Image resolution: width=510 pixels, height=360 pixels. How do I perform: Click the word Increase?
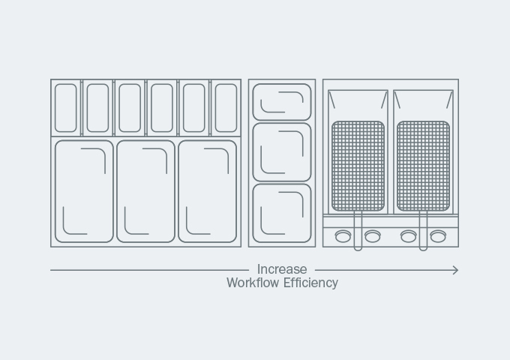pos(282,269)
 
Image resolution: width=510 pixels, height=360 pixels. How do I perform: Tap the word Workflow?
pos(253,283)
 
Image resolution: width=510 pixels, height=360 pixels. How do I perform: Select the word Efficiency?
pos(310,283)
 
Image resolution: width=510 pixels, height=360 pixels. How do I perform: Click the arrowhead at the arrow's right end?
pos(456,270)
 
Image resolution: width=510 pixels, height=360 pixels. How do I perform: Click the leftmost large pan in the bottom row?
pos(55,191)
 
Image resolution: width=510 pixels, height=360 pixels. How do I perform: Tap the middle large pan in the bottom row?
pos(117,191)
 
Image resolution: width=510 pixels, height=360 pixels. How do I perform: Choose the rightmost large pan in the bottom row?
pos(178,191)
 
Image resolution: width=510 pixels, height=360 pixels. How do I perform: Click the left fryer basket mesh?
pos(358,166)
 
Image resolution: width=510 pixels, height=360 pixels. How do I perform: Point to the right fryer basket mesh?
pos(423,166)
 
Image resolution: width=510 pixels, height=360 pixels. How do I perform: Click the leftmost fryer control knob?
pos(343,236)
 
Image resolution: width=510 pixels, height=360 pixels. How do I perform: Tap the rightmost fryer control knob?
pos(438,236)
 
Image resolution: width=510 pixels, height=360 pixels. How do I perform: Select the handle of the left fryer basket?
pos(358,231)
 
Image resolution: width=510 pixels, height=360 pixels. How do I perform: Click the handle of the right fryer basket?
pos(423,231)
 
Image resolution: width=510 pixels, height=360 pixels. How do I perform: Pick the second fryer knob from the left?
pos(373,236)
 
